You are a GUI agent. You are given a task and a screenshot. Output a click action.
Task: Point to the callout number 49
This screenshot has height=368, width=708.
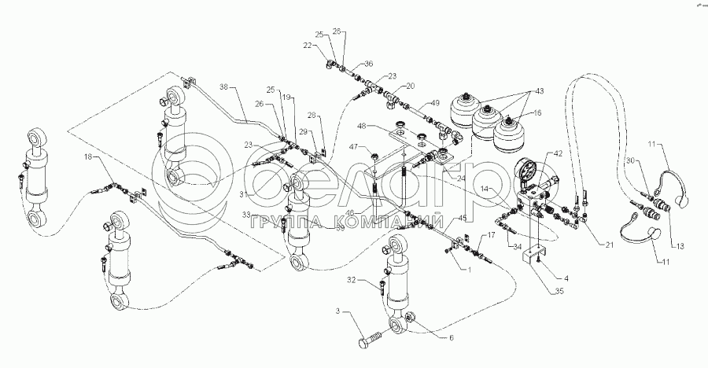tap(435, 103)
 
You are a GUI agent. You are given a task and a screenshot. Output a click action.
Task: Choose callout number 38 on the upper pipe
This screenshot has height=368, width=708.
tap(223, 87)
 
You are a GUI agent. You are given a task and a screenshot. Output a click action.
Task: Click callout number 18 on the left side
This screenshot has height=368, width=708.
tap(87, 158)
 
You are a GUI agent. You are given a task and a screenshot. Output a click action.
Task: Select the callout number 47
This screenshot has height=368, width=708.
tap(355, 147)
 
